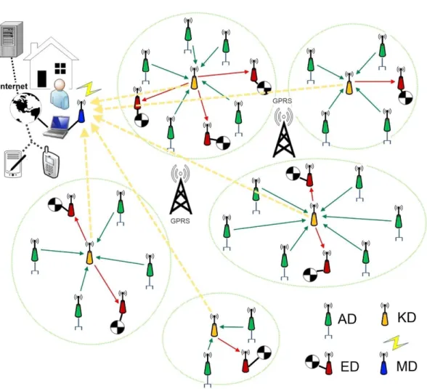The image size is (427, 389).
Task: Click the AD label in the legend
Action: click(x=347, y=319)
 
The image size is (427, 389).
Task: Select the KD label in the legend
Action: click(x=407, y=317)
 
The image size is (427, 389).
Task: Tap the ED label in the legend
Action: click(x=350, y=366)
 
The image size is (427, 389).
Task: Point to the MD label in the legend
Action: click(x=407, y=366)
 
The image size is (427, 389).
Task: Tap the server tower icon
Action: click(x=10, y=40)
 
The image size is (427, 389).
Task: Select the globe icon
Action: click(x=25, y=108)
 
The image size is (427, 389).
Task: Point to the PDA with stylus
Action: click(x=15, y=164)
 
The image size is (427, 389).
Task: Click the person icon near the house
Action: click(x=60, y=95)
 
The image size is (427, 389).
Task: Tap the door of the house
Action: click(x=42, y=79)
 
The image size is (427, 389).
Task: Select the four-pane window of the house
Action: click(x=60, y=68)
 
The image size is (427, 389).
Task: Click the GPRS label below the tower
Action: click(x=180, y=221)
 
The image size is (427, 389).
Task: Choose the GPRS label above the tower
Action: click(x=282, y=100)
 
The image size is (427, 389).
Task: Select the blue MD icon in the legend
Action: click(x=383, y=364)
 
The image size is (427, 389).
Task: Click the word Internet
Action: click(x=14, y=87)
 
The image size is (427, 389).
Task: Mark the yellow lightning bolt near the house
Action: click(x=89, y=89)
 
